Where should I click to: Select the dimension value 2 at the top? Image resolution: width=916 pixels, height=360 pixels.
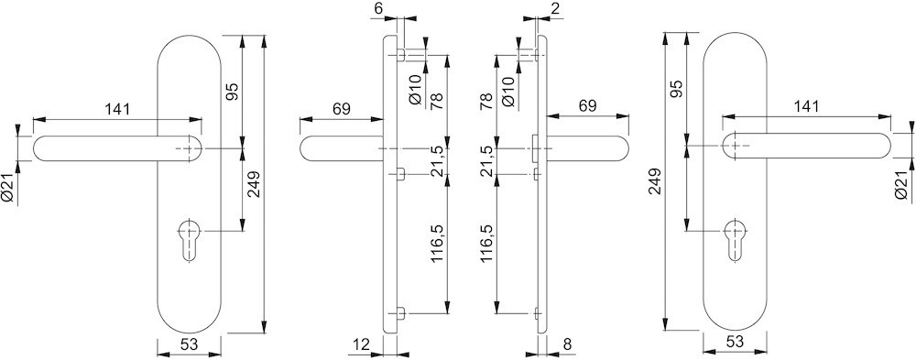(555, 8)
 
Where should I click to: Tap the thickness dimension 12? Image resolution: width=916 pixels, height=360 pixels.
(362, 345)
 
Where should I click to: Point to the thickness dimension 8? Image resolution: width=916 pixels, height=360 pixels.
(568, 345)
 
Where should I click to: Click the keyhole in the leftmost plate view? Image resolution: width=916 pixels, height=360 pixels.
(191, 240)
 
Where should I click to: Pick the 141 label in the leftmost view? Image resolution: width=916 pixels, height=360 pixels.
(117, 109)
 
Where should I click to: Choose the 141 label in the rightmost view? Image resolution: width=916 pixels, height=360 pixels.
(805, 107)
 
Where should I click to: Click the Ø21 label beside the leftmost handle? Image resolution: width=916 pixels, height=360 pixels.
(8, 189)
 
